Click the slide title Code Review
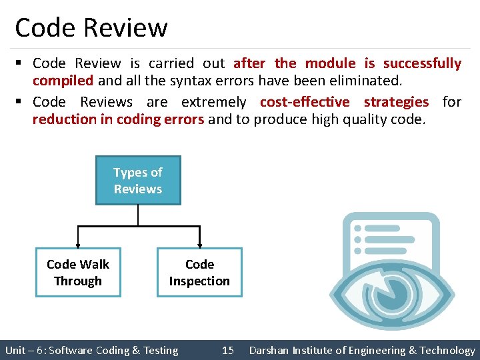pyautogui.click(x=91, y=28)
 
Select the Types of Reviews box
pyautogui.click(x=138, y=181)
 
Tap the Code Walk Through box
pyautogui.click(x=78, y=273)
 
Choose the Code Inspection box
pyautogui.click(x=199, y=273)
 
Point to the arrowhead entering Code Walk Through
pyautogui.click(x=78, y=244)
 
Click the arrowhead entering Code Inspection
pyautogui.click(x=199, y=244)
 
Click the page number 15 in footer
pyautogui.click(x=228, y=350)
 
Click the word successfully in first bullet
pyautogui.click(x=422, y=63)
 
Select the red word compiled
pyautogui.click(x=63, y=81)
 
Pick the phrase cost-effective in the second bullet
pyautogui.click(x=305, y=102)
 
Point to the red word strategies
pyautogui.click(x=396, y=102)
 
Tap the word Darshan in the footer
pyautogui.click(x=270, y=350)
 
